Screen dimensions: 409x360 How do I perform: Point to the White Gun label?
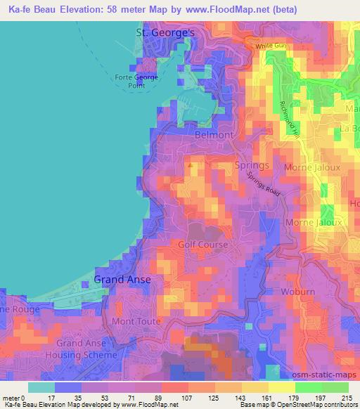tap(272, 46)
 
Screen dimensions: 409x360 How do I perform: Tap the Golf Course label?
tap(202, 245)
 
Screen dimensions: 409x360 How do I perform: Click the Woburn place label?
tap(297, 290)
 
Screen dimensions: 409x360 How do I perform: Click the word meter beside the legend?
tap(11, 398)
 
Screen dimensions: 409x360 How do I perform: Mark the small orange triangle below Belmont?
tap(192, 165)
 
